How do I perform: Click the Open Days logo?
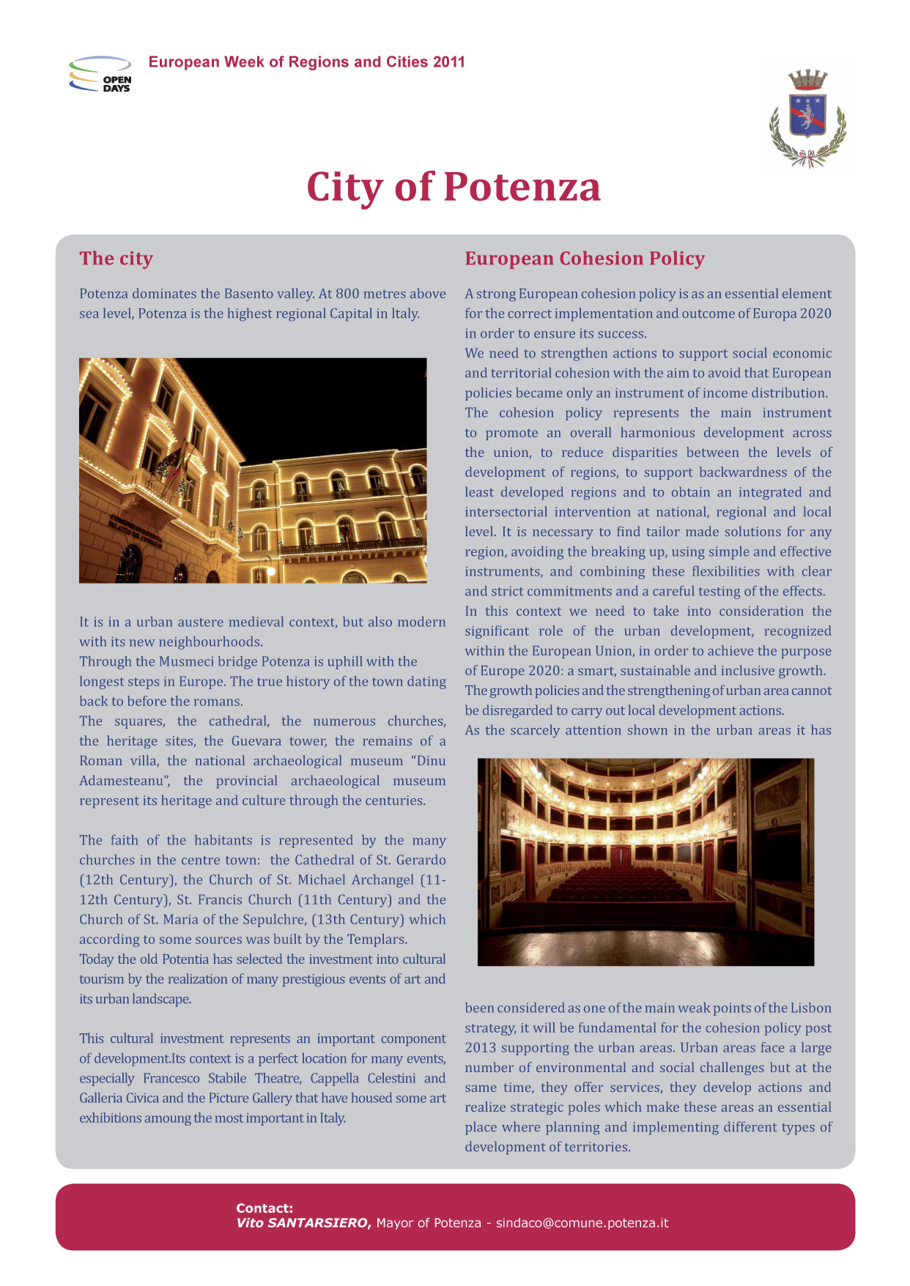click(100, 74)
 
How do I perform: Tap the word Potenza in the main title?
click(522, 187)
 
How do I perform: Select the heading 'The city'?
click(116, 259)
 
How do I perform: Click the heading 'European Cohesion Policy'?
click(584, 259)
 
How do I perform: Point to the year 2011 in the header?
click(448, 62)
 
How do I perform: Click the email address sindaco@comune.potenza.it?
click(582, 1222)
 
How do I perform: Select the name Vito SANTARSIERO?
click(303, 1222)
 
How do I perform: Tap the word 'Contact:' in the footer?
click(265, 1208)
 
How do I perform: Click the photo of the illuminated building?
click(253, 470)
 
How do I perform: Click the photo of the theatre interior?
click(645, 861)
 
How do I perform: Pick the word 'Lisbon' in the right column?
click(810, 1008)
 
